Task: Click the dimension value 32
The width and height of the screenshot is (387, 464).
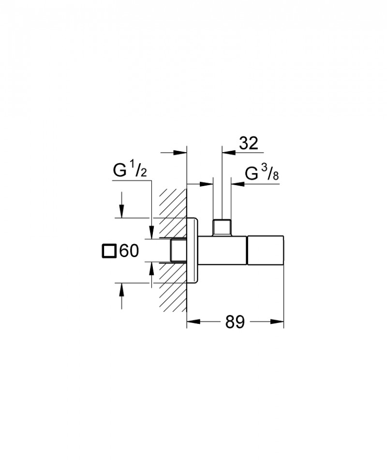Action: tap(249, 143)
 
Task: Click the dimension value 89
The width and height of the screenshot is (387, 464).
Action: tap(235, 322)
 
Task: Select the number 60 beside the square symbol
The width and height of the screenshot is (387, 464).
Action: tap(129, 251)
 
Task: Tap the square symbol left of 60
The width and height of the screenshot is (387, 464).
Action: tap(108, 251)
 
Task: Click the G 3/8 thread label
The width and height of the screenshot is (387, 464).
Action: tap(262, 174)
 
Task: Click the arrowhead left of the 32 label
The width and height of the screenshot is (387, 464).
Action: tap(229, 153)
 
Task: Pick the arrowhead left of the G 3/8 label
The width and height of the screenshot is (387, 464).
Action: tap(238, 184)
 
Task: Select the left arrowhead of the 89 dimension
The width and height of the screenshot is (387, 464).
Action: tap(193, 322)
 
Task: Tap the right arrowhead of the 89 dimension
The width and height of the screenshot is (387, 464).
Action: tap(277, 322)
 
